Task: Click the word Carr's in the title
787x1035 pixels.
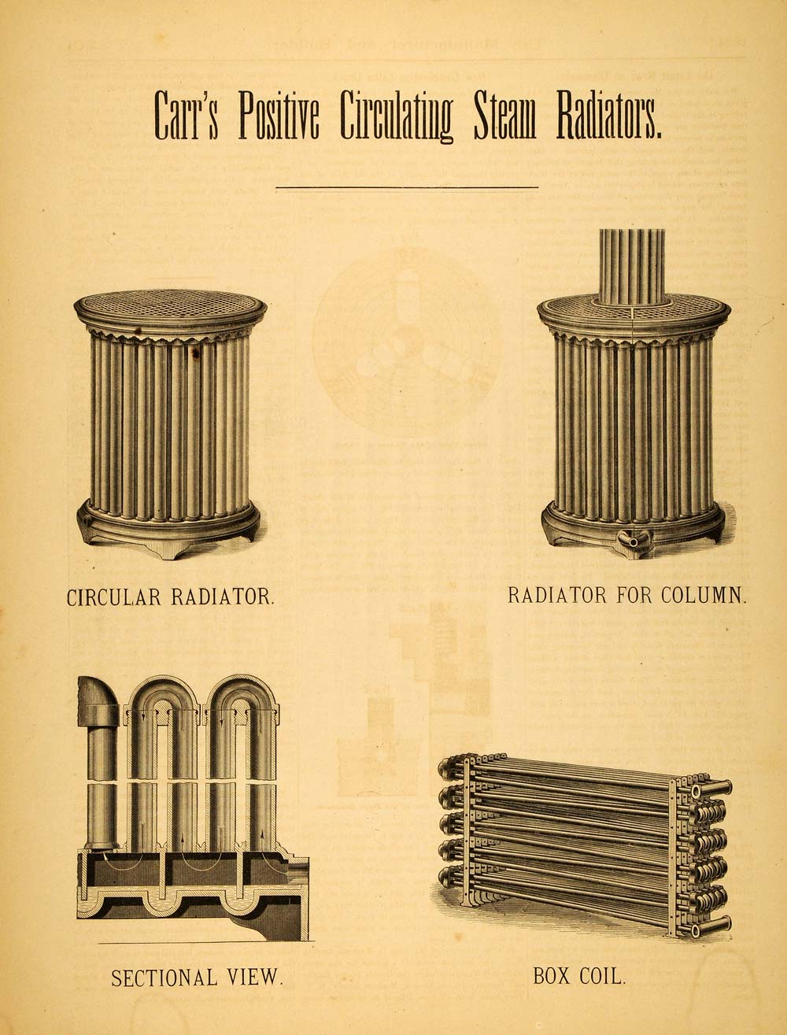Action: click(x=187, y=116)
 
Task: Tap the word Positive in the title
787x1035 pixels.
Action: click(x=279, y=116)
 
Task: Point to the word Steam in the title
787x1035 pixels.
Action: click(x=504, y=116)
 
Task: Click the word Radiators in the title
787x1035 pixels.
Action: click(x=609, y=116)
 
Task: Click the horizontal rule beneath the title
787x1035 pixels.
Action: click(x=407, y=187)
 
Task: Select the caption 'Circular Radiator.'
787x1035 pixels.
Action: click(x=171, y=597)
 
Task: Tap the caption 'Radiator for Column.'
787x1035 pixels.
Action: click(x=626, y=594)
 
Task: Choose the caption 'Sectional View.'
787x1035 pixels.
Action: click(x=196, y=978)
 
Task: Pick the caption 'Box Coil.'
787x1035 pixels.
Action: click(x=579, y=976)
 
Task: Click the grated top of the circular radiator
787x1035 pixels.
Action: click(x=171, y=306)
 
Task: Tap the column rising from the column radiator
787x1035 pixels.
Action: click(x=632, y=266)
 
